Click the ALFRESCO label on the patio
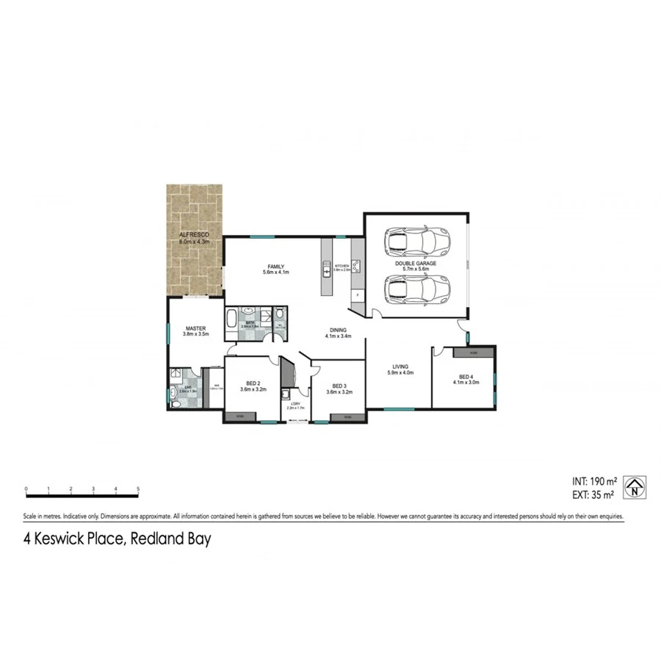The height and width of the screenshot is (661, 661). (195, 234)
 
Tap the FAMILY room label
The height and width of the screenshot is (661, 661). (276, 267)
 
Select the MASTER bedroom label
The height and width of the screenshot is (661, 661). (195, 329)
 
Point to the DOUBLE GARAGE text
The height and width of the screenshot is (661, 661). (416, 263)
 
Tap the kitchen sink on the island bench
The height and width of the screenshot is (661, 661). (327, 272)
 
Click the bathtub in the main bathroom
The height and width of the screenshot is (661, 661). (231, 319)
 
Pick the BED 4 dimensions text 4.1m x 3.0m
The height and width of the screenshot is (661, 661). (466, 382)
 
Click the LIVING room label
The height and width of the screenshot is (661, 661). (400, 366)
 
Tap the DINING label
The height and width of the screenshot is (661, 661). (339, 330)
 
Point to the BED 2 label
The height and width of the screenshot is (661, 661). (252, 383)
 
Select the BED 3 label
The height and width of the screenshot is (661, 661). (339, 386)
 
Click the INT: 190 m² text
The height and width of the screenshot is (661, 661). (593, 480)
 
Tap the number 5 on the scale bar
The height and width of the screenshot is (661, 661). (138, 488)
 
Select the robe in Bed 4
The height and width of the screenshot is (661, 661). (473, 353)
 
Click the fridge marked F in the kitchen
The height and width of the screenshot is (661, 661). (357, 295)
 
